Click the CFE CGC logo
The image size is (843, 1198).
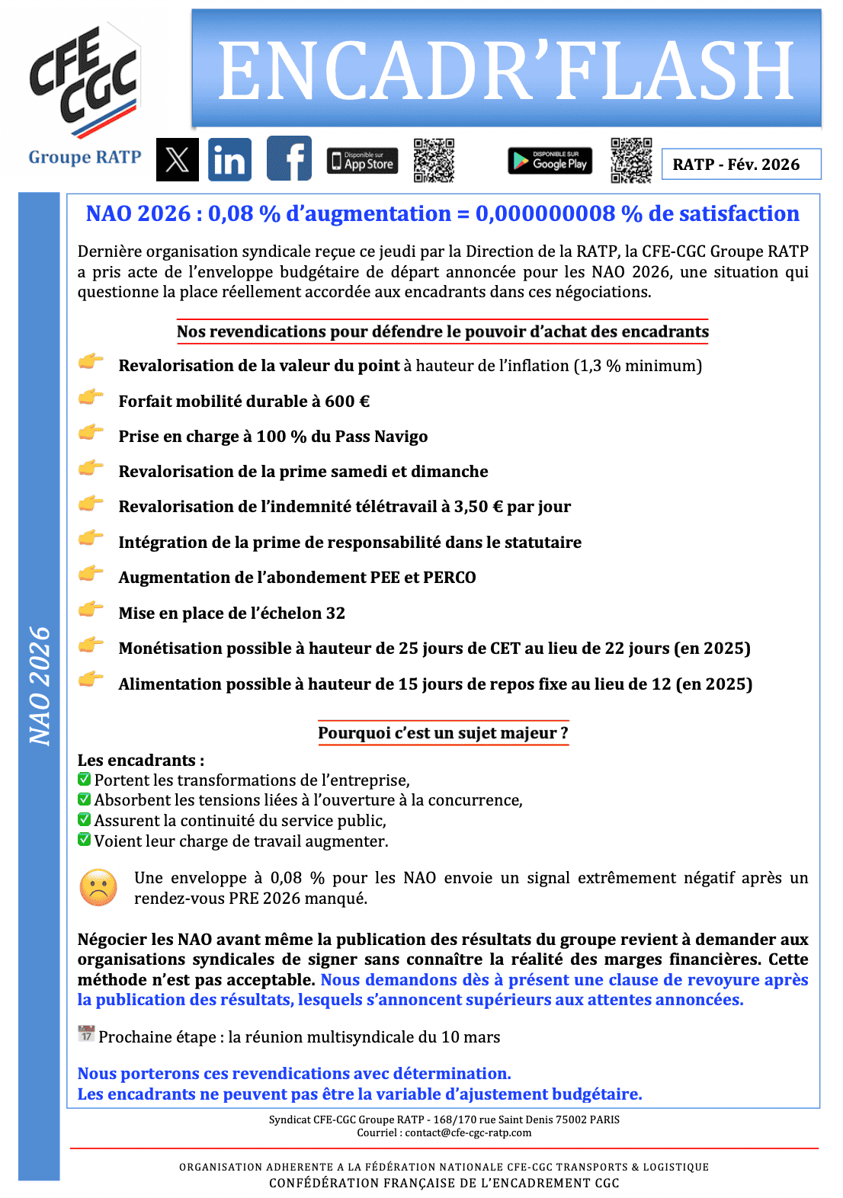pyautogui.click(x=84, y=80)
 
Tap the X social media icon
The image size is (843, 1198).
pyautogui.click(x=177, y=160)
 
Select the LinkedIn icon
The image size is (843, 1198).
pyautogui.click(x=229, y=160)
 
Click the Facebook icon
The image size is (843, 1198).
pyautogui.click(x=289, y=159)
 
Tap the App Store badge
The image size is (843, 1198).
pyautogui.click(x=362, y=161)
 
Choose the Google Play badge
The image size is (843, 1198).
pyautogui.click(x=550, y=161)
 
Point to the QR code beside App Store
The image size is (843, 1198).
pyautogui.click(x=434, y=160)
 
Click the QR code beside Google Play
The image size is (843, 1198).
pyautogui.click(x=631, y=160)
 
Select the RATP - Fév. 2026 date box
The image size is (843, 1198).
pyautogui.click(x=740, y=165)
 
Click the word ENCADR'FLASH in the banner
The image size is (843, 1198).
pyautogui.click(x=506, y=71)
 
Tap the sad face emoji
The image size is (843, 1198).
pyautogui.click(x=98, y=888)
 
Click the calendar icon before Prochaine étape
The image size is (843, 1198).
pyautogui.click(x=86, y=1034)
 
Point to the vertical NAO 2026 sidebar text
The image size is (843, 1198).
pyautogui.click(x=39, y=685)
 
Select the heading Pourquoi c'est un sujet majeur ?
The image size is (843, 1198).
pyautogui.click(x=443, y=733)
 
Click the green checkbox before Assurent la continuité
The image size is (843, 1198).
pyautogui.click(x=85, y=819)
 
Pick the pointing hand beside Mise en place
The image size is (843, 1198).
pyautogui.click(x=91, y=610)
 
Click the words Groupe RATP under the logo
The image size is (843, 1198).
pyautogui.click(x=85, y=157)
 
